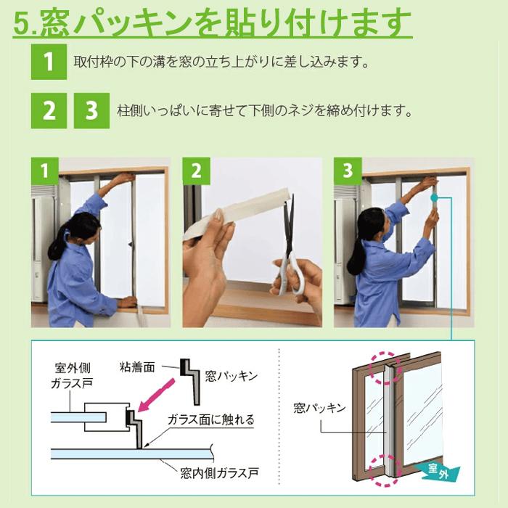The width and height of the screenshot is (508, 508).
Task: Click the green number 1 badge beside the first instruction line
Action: pos(49,62)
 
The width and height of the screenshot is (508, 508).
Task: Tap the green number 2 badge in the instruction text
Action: pos(49,110)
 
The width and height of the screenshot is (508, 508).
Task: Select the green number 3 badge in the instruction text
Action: pos(91,110)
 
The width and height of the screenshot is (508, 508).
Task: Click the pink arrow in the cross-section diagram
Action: pos(156,396)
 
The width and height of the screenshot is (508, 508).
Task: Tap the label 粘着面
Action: pos(137,367)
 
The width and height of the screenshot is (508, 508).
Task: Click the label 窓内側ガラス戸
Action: pos(219,473)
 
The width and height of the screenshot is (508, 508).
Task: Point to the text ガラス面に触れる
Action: pos(211,419)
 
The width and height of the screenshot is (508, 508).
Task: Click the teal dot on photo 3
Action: pos(434,197)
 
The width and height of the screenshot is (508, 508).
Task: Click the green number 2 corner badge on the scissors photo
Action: pos(197,171)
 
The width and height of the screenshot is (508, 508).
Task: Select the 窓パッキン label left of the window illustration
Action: pos(320,408)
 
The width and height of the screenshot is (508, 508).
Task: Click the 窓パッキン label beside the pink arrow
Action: pos(232,376)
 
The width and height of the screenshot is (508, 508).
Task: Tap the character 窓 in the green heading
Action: pos(55,22)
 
